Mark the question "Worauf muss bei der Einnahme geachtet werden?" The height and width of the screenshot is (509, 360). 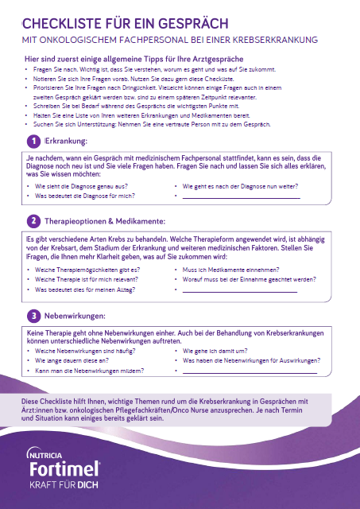coord(243,280)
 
